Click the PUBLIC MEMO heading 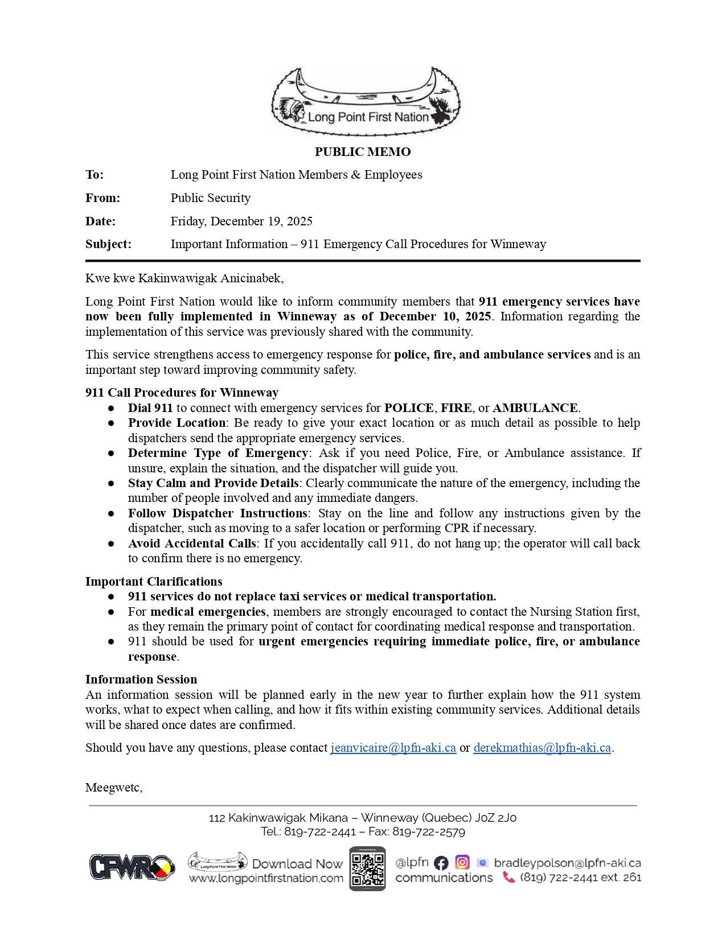(x=363, y=152)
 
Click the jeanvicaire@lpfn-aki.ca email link (x=393, y=748)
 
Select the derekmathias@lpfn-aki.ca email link (x=542, y=748)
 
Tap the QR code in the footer (x=367, y=869)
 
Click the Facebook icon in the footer (x=441, y=863)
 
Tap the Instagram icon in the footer (x=462, y=862)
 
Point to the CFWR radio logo (x=132, y=867)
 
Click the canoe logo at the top (x=365, y=102)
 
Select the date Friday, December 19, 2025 (x=241, y=221)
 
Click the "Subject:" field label (x=108, y=244)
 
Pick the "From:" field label (x=103, y=198)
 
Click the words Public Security (x=211, y=198)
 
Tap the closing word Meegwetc (x=113, y=788)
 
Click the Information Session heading (x=141, y=679)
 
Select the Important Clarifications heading (x=154, y=582)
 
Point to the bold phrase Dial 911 (x=150, y=408)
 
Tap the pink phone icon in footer (x=508, y=878)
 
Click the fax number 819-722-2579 (x=429, y=832)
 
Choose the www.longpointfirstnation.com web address (x=266, y=878)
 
